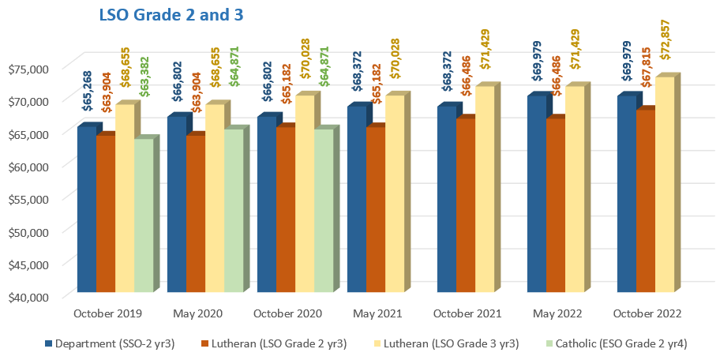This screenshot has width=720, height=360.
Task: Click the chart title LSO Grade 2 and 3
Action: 171,15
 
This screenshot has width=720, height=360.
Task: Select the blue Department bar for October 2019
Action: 87,209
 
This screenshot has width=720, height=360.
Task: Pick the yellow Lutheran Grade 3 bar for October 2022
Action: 665,184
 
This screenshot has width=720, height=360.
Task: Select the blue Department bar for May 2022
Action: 537,193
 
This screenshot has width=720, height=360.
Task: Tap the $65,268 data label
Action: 87,91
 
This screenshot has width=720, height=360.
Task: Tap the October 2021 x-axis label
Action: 467,314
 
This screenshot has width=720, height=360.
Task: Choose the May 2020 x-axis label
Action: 198,314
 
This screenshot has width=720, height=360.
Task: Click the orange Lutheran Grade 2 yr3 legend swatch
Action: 204,343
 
